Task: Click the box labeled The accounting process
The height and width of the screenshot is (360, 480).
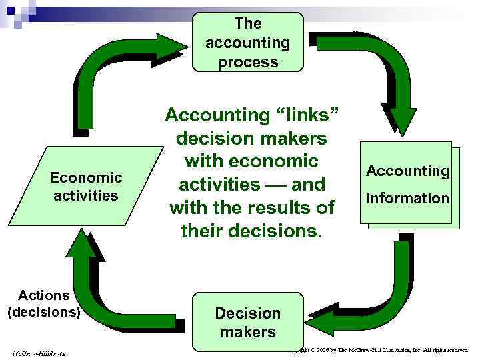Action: coord(247,43)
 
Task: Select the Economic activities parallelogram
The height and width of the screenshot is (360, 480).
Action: coord(85,187)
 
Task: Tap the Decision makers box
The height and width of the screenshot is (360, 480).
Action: coord(247,322)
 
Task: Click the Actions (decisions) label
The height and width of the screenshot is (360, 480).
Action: coord(44,303)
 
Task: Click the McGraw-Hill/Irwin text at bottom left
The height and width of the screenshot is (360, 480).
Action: coord(37,351)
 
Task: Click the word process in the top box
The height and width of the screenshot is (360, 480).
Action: coord(247,62)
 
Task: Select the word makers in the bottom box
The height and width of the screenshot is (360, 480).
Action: coord(247,331)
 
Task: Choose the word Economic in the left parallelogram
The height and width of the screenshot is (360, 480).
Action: coord(86,177)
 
